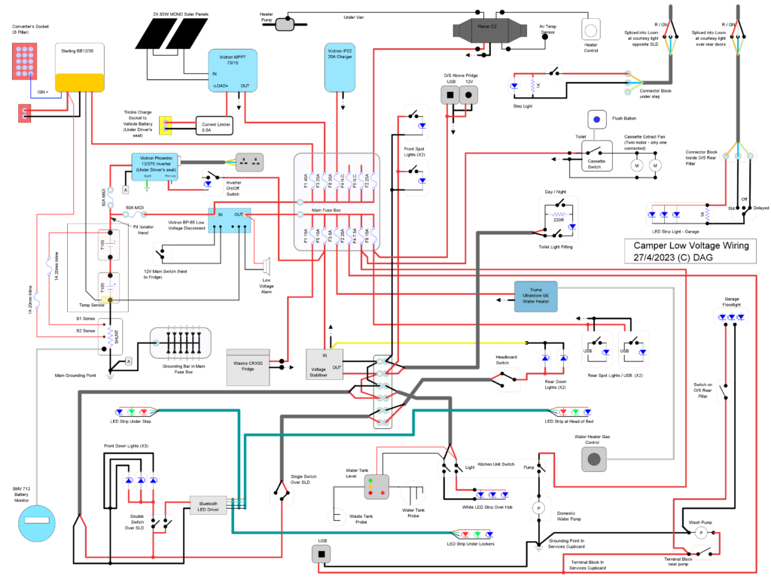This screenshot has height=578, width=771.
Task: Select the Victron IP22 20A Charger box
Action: (x=338, y=68)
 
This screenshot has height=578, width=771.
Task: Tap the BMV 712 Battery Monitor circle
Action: (x=35, y=519)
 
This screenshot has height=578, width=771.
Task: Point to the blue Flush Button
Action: (x=599, y=118)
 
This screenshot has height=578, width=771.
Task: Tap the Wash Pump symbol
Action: (x=699, y=532)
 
